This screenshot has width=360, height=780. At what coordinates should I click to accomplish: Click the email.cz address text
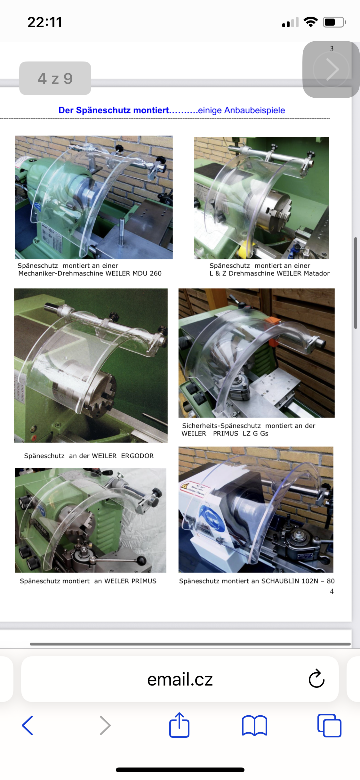click(180, 679)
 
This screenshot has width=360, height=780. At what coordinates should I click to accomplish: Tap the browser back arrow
click(28, 725)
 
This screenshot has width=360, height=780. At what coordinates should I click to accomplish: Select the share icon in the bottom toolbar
click(179, 725)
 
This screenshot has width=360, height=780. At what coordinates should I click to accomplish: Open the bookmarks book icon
click(254, 726)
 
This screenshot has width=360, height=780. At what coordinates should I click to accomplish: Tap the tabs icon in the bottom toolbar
click(329, 725)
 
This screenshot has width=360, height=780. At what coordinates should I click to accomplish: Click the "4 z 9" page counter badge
click(55, 78)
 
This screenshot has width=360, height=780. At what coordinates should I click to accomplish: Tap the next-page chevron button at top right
click(332, 69)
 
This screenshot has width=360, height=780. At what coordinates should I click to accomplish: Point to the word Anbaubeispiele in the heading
click(255, 110)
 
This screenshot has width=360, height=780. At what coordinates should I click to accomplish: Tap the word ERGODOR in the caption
click(137, 456)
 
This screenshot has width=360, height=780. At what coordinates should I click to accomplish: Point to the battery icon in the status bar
click(334, 22)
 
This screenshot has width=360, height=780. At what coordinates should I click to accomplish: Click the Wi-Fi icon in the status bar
click(310, 22)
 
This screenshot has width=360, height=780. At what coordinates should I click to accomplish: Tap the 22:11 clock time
click(45, 22)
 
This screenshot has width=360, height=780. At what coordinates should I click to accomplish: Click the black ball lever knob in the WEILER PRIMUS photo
click(141, 560)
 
